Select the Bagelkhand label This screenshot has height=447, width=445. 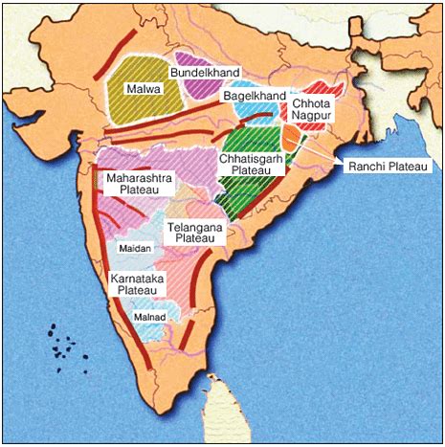[255, 98]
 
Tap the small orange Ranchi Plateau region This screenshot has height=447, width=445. [289, 135]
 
